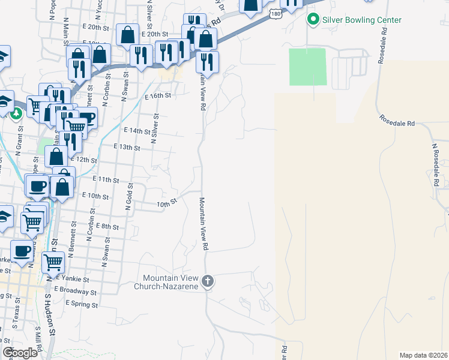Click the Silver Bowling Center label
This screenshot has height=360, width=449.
pos(362,20)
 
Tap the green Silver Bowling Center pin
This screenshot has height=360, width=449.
pos(313,20)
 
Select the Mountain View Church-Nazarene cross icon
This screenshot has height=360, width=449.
pos(208,281)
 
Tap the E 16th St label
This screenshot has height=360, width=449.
pos(158,95)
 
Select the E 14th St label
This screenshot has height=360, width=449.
pos(136,130)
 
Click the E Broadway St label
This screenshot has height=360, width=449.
pos(75,292)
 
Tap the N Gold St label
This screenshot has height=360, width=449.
pos(128,197)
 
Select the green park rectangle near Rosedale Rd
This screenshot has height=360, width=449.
pos(308,67)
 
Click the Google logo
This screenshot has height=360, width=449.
pos(20,352)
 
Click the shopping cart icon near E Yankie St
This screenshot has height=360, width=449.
pos(53,262)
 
